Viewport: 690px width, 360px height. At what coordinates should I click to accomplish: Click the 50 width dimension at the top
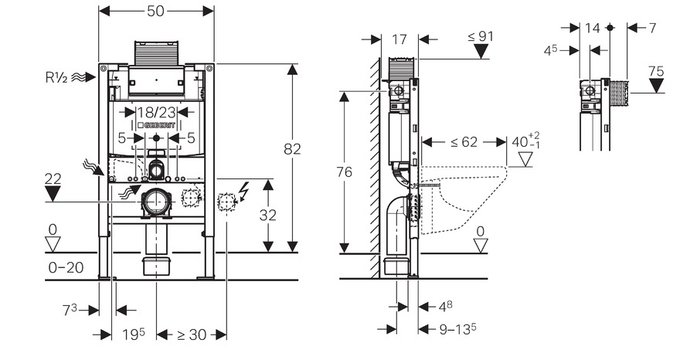click(x=155, y=11)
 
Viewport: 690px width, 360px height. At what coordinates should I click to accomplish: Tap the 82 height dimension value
click(x=292, y=149)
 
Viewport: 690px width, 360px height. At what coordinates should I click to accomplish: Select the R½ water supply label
click(x=56, y=77)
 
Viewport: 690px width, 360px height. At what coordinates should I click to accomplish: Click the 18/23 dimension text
click(x=157, y=112)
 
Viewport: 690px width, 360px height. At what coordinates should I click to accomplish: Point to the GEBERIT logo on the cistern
click(x=156, y=125)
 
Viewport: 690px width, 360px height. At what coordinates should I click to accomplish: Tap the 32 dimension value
click(x=268, y=216)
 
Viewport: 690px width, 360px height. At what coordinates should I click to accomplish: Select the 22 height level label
click(x=53, y=178)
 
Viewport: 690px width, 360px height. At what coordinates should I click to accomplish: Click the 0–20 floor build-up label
click(x=66, y=267)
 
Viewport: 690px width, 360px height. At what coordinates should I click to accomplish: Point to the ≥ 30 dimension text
click(x=192, y=335)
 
